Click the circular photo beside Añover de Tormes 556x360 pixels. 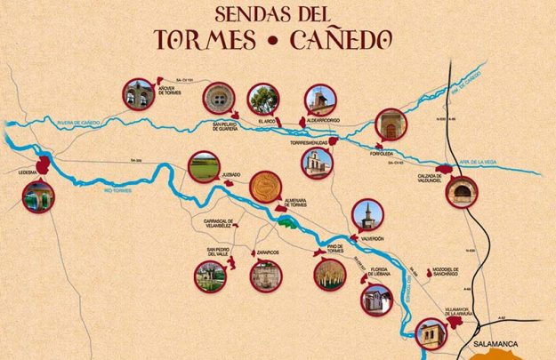click(139, 94)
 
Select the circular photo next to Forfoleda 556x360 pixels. click(390, 124)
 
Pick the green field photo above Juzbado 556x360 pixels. click(204, 166)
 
